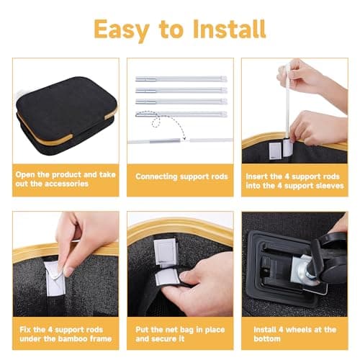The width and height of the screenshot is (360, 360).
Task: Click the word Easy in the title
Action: pyautogui.click(x=122, y=30)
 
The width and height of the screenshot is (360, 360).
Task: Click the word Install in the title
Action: pyautogui.click(x=230, y=29)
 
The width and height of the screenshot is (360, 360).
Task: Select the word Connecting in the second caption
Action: pyautogui.click(x=156, y=177)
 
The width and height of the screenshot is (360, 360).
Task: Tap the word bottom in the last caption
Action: pyautogui.click(x=267, y=338)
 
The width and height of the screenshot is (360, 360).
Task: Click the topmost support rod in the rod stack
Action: pyautogui.click(x=181, y=78)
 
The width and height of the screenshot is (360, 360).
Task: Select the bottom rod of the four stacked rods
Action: pyautogui.click(x=181, y=114)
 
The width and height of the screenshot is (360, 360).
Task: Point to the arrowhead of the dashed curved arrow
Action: pyautogui.click(x=184, y=138)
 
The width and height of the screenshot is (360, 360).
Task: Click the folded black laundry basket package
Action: pyautogui.click(x=66, y=115)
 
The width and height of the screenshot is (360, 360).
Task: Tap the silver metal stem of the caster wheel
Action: pyautogui.click(x=303, y=269)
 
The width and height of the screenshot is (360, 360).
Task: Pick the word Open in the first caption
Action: pyautogui.click(x=25, y=175)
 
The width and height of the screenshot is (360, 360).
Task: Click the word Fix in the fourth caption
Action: pyautogui.click(x=25, y=330)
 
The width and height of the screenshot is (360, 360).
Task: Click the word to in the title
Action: pyautogui.click(x=171, y=30)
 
